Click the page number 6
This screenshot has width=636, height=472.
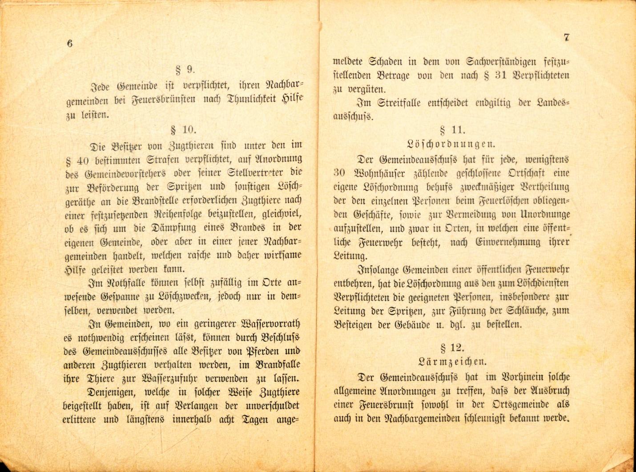point(69,43)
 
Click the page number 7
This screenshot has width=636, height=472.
point(566,37)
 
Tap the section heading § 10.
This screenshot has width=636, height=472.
point(183,130)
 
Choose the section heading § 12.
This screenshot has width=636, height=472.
point(451,348)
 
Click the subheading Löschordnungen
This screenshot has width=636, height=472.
point(451,144)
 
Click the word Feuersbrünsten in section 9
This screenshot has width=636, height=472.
point(157,100)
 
